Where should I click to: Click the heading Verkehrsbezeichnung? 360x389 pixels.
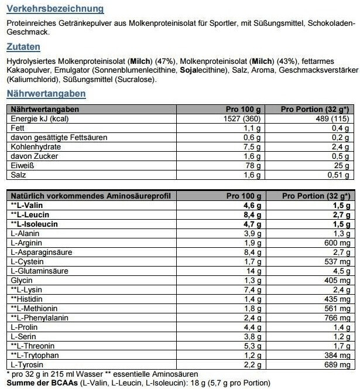pyautogui.click(x=55, y=9)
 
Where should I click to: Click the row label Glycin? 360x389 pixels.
pyautogui.click(x=22, y=281)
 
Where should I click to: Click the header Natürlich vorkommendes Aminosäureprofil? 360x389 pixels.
pyautogui.click(x=85, y=196)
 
